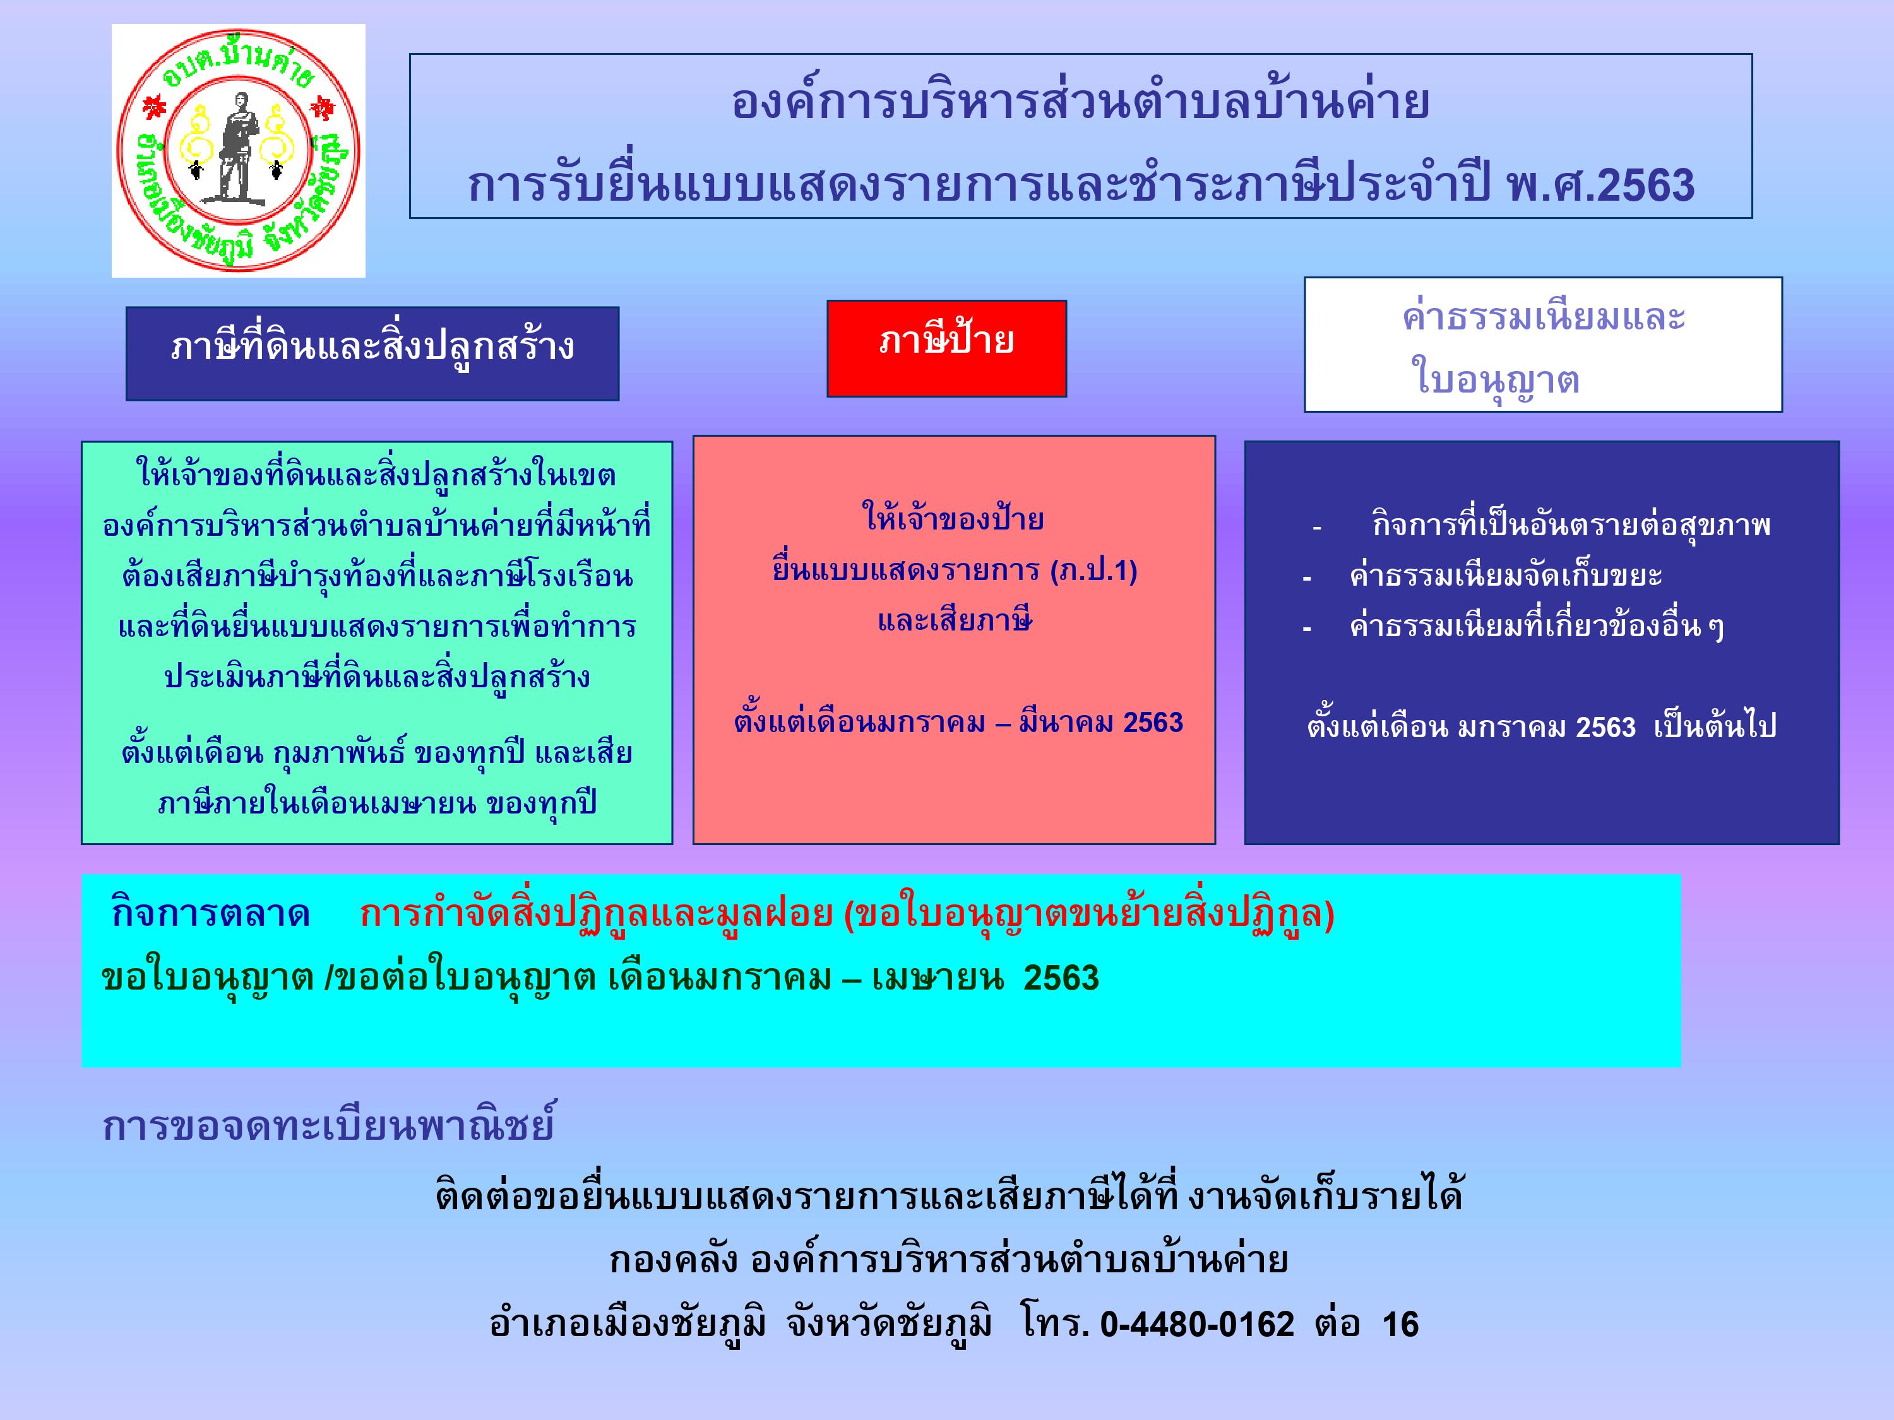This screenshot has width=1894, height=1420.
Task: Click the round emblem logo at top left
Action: point(238,151)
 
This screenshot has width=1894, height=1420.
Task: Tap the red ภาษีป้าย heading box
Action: point(946,348)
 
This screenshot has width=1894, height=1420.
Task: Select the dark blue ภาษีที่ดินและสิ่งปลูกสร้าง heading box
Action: point(372,353)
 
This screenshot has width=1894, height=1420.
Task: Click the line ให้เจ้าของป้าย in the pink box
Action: point(953,519)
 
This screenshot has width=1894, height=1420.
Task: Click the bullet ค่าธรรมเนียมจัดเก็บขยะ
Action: point(1505,575)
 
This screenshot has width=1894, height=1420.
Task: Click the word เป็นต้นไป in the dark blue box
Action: point(1715,726)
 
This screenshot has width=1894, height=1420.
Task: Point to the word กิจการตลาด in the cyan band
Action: point(211,913)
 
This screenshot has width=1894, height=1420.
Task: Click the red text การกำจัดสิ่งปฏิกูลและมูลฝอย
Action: point(596,913)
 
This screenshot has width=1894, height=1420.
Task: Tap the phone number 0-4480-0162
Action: point(1197,1324)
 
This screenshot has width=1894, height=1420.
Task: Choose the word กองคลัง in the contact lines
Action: point(673,1259)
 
